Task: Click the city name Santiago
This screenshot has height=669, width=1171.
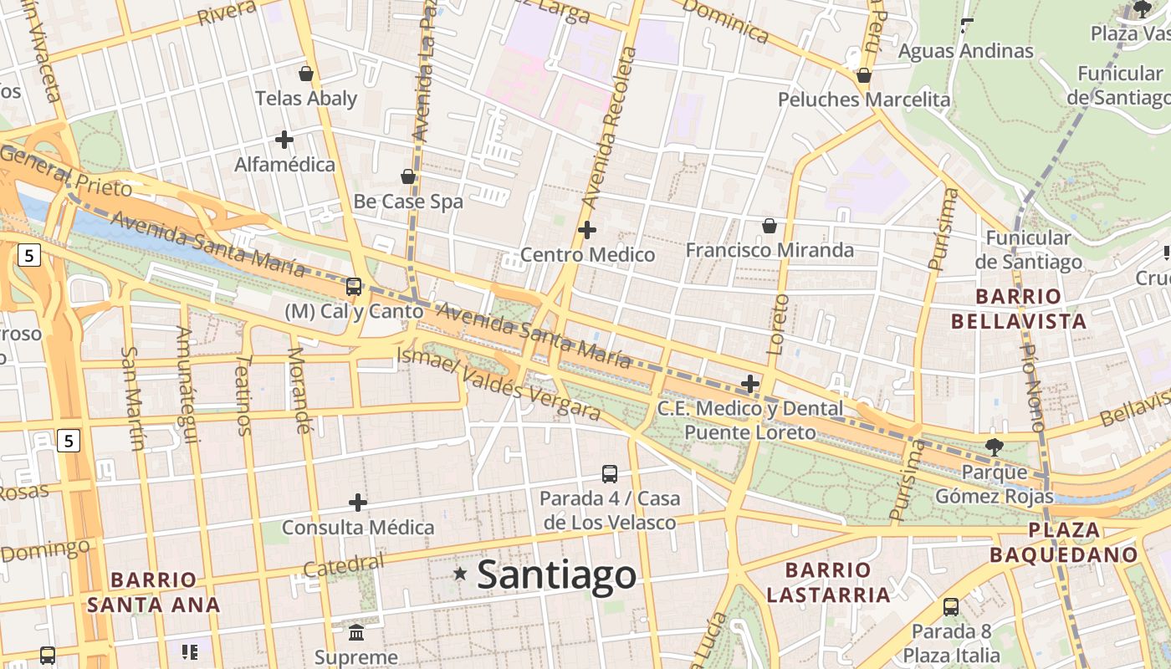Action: [x=556, y=575]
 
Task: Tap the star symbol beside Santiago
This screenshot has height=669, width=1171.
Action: [x=460, y=574]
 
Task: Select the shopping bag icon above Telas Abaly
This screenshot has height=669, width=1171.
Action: [x=306, y=74]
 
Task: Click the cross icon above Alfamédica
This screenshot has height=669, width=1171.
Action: [x=284, y=140]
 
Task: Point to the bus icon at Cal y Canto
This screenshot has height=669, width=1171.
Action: [x=354, y=287]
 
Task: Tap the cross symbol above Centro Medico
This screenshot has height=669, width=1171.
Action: [x=587, y=229]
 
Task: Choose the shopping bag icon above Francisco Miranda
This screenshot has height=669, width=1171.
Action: [x=770, y=226]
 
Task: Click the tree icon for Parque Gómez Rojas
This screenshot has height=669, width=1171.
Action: [x=994, y=447]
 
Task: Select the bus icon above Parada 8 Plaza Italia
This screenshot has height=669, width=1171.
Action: [x=951, y=607]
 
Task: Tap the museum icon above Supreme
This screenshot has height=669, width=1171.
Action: [x=356, y=632]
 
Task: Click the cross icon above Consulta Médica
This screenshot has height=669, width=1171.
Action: [x=358, y=503]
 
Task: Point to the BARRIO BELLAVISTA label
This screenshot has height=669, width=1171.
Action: [x=1019, y=309]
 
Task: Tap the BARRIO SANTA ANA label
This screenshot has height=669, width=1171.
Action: [x=154, y=592]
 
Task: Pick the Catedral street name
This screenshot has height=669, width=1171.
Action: [x=344, y=566]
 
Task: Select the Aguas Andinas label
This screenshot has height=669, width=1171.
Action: [x=966, y=51]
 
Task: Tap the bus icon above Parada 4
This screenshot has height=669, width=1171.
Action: [x=610, y=474]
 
